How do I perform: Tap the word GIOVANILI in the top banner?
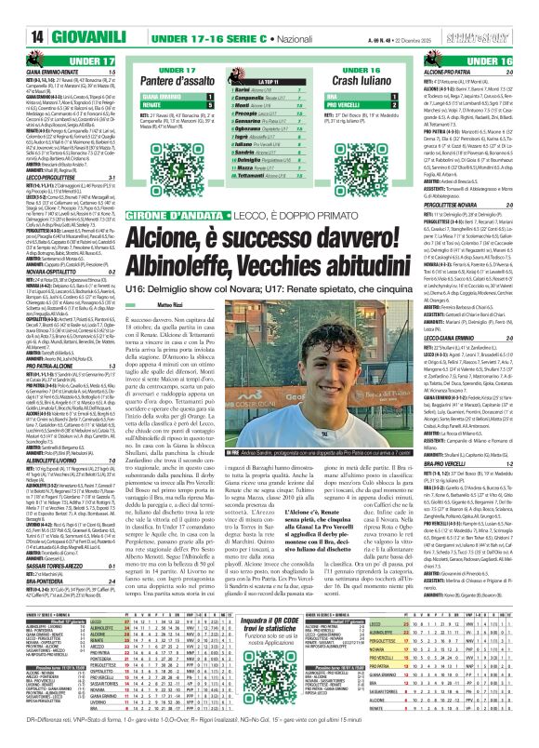pyautogui.click(x=62, y=11)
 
